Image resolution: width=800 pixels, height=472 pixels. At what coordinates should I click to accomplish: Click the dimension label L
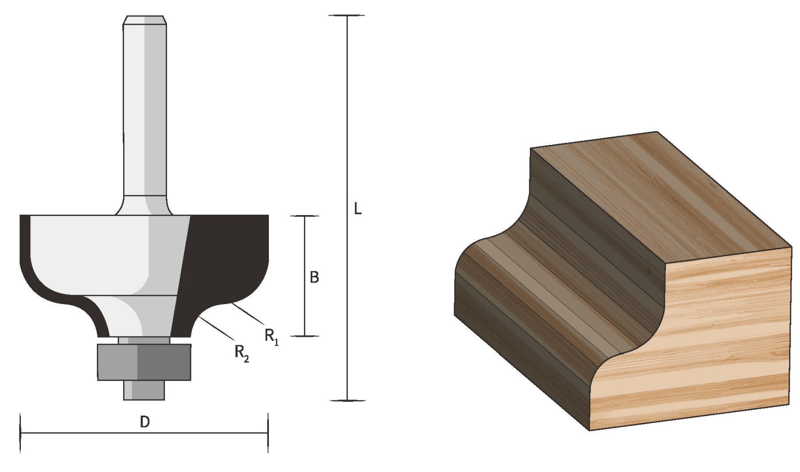pyautogui.click(x=357, y=208)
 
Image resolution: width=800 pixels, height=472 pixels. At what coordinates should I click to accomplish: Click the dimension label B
pyautogui.click(x=314, y=277)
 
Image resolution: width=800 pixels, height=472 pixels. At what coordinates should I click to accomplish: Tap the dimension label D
pyautogui.click(x=144, y=422)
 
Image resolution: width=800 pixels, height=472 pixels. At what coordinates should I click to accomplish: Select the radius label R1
pyautogui.click(x=271, y=337)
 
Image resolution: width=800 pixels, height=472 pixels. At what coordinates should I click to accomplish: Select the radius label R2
pyautogui.click(x=241, y=353)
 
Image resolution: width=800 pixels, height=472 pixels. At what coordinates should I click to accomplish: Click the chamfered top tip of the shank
pyautogui.click(x=145, y=20)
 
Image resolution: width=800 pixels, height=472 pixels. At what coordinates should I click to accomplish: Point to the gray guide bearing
pyautogui.click(x=144, y=362)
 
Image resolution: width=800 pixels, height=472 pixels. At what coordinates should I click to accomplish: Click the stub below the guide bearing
pyautogui.click(x=144, y=390)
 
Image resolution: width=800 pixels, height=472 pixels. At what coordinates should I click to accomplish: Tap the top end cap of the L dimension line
pyautogui.click(x=346, y=16)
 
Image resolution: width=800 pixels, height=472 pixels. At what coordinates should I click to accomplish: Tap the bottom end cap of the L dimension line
pyautogui.click(x=346, y=400)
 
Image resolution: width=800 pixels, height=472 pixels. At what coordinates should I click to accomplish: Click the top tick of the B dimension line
pyautogui.click(x=305, y=216)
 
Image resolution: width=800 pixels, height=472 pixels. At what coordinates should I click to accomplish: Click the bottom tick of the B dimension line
pyautogui.click(x=305, y=336)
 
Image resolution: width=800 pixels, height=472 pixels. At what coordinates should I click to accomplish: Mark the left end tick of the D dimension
pyautogui.click(x=21, y=432)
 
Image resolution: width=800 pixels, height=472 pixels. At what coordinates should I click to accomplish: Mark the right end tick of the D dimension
pyautogui.click(x=268, y=432)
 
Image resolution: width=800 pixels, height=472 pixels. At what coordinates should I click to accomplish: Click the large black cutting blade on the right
pyautogui.click(x=227, y=262)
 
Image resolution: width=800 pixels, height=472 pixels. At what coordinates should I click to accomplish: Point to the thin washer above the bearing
pyautogui.click(x=144, y=340)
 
